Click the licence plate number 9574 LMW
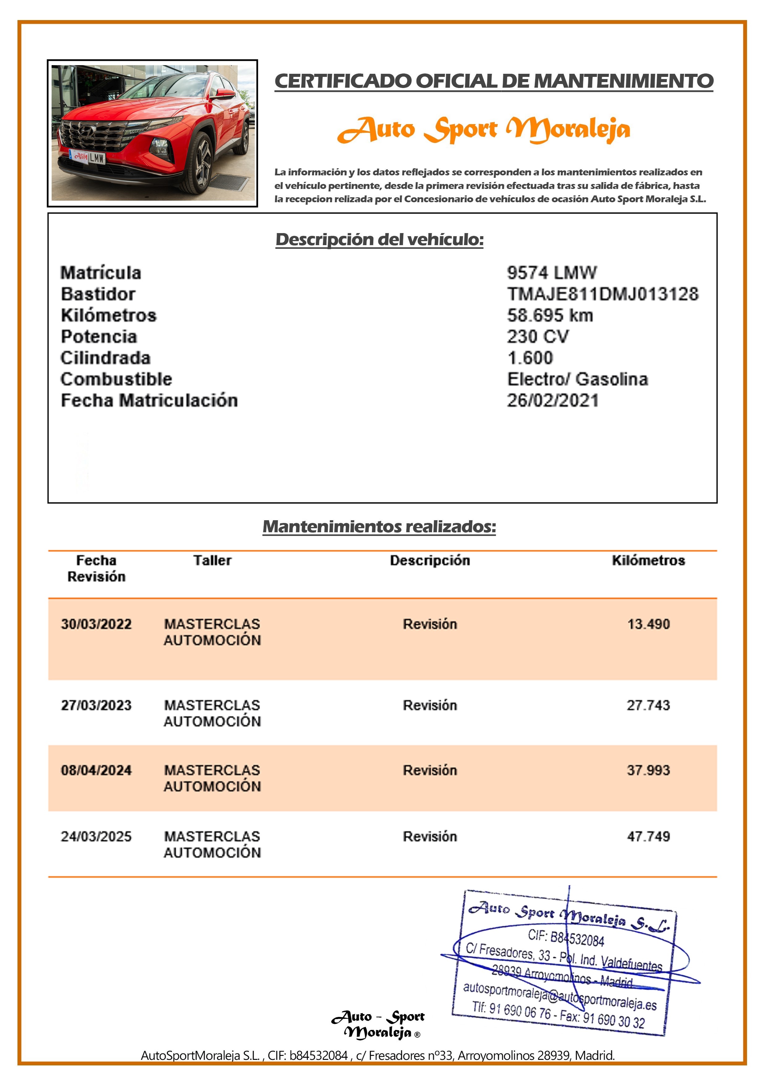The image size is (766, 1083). tap(551, 273)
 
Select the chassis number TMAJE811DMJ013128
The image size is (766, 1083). tap(602, 294)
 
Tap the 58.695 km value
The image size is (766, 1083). tap(550, 315)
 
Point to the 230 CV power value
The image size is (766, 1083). tap(537, 336)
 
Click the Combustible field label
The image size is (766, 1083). tap(116, 379)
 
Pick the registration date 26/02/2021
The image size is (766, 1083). tap(552, 400)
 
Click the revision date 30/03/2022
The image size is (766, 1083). tap(96, 624)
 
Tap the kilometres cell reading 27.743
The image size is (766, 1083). tap(648, 705)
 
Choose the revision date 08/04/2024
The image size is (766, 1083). tap(96, 770)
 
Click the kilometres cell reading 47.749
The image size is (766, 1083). tap(648, 836)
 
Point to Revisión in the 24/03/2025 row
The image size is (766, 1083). tap(430, 836)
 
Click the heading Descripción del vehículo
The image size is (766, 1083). tap(380, 239)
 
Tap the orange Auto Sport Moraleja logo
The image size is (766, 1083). tap(483, 129)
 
